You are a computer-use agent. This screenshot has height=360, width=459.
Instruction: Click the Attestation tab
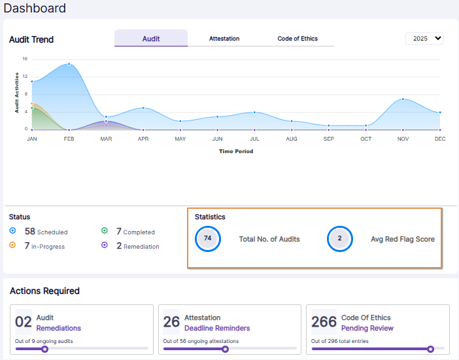coord(224,39)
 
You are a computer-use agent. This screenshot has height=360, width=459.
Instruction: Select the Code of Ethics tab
coord(297,39)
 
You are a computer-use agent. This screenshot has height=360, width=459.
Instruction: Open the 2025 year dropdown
coord(424,39)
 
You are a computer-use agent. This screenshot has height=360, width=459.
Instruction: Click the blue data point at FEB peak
coord(69,64)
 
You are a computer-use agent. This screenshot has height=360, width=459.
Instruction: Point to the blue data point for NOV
coord(403,99)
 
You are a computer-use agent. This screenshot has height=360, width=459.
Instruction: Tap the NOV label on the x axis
coord(403,139)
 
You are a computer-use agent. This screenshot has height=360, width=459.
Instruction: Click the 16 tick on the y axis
coord(25,59)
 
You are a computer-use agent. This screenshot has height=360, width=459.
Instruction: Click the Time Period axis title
coord(235,151)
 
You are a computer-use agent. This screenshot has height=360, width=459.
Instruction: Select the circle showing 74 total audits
coord(208,239)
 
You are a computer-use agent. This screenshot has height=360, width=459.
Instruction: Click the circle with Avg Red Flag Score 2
coord(339,239)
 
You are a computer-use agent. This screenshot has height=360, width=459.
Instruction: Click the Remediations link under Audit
coord(59,328)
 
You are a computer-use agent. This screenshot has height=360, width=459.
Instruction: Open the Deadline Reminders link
coord(217,328)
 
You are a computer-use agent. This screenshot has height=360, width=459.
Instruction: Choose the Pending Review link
coord(367,328)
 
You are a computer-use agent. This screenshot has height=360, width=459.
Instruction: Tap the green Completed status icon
coord(105,232)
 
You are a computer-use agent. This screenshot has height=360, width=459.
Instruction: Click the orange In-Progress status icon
coord(13,246)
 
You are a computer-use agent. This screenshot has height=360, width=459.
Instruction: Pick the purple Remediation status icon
coord(105,246)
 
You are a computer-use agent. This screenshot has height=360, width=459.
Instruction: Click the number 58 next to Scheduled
coord(29,232)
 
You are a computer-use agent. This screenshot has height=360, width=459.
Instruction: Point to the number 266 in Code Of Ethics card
coord(324,322)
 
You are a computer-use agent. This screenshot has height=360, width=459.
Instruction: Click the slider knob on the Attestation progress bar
coord(225,349)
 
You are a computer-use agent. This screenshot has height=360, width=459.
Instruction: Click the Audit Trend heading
coord(31,39)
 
